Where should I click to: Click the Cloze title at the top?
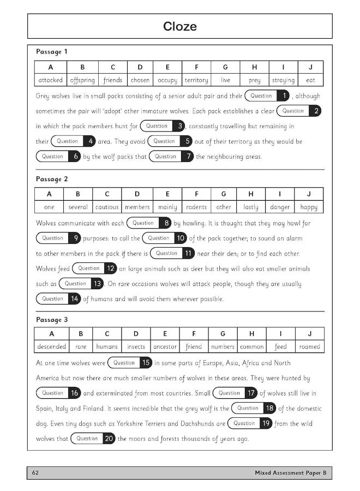tap(179, 27)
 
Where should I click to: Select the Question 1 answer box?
tap(268, 96)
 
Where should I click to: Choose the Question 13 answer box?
tap(82, 284)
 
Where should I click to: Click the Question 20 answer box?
tap(93, 439)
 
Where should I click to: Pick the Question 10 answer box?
tap(165, 238)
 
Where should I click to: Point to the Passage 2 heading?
tap(52, 179)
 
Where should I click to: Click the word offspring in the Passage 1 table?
tap(82, 80)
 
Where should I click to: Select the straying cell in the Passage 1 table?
tap(283, 80)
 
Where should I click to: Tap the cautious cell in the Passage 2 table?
tap(107, 207)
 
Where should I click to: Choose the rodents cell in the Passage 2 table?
tap(196, 207)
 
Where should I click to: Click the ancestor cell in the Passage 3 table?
tap(165, 346)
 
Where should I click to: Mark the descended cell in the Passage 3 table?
tap(52, 346)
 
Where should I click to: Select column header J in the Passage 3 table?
tap(310, 333)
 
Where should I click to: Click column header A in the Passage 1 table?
tap(51, 67)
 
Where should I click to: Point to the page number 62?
tap(35, 472)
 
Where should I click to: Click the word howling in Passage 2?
tap(201, 223)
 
